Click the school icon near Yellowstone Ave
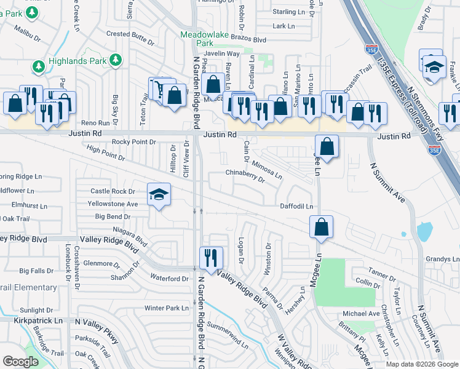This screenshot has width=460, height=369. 159,195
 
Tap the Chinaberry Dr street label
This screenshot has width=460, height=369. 244,176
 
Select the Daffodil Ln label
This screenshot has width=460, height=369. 297,207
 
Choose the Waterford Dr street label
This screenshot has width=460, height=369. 169,279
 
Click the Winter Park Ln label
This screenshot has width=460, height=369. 166,308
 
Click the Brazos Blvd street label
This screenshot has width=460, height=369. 250,39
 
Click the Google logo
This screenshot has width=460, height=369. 20,362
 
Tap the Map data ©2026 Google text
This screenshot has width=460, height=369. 422,364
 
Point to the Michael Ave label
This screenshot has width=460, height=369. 361,314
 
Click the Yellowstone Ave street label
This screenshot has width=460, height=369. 113,204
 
